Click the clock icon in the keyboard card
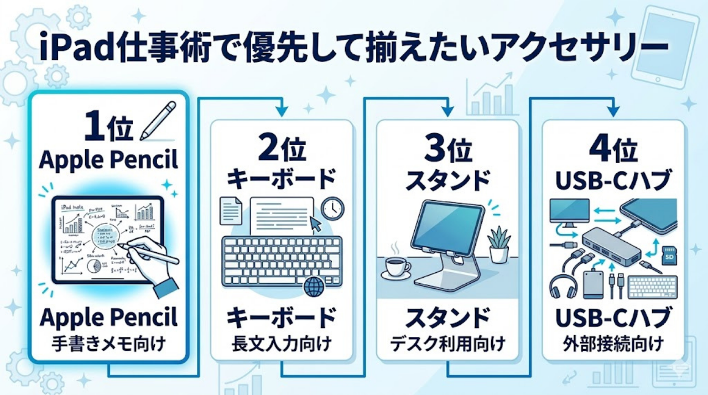click(332, 208)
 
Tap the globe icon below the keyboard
click(314, 288)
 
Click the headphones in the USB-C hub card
click(563, 287)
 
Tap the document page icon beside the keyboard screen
click(230, 210)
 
